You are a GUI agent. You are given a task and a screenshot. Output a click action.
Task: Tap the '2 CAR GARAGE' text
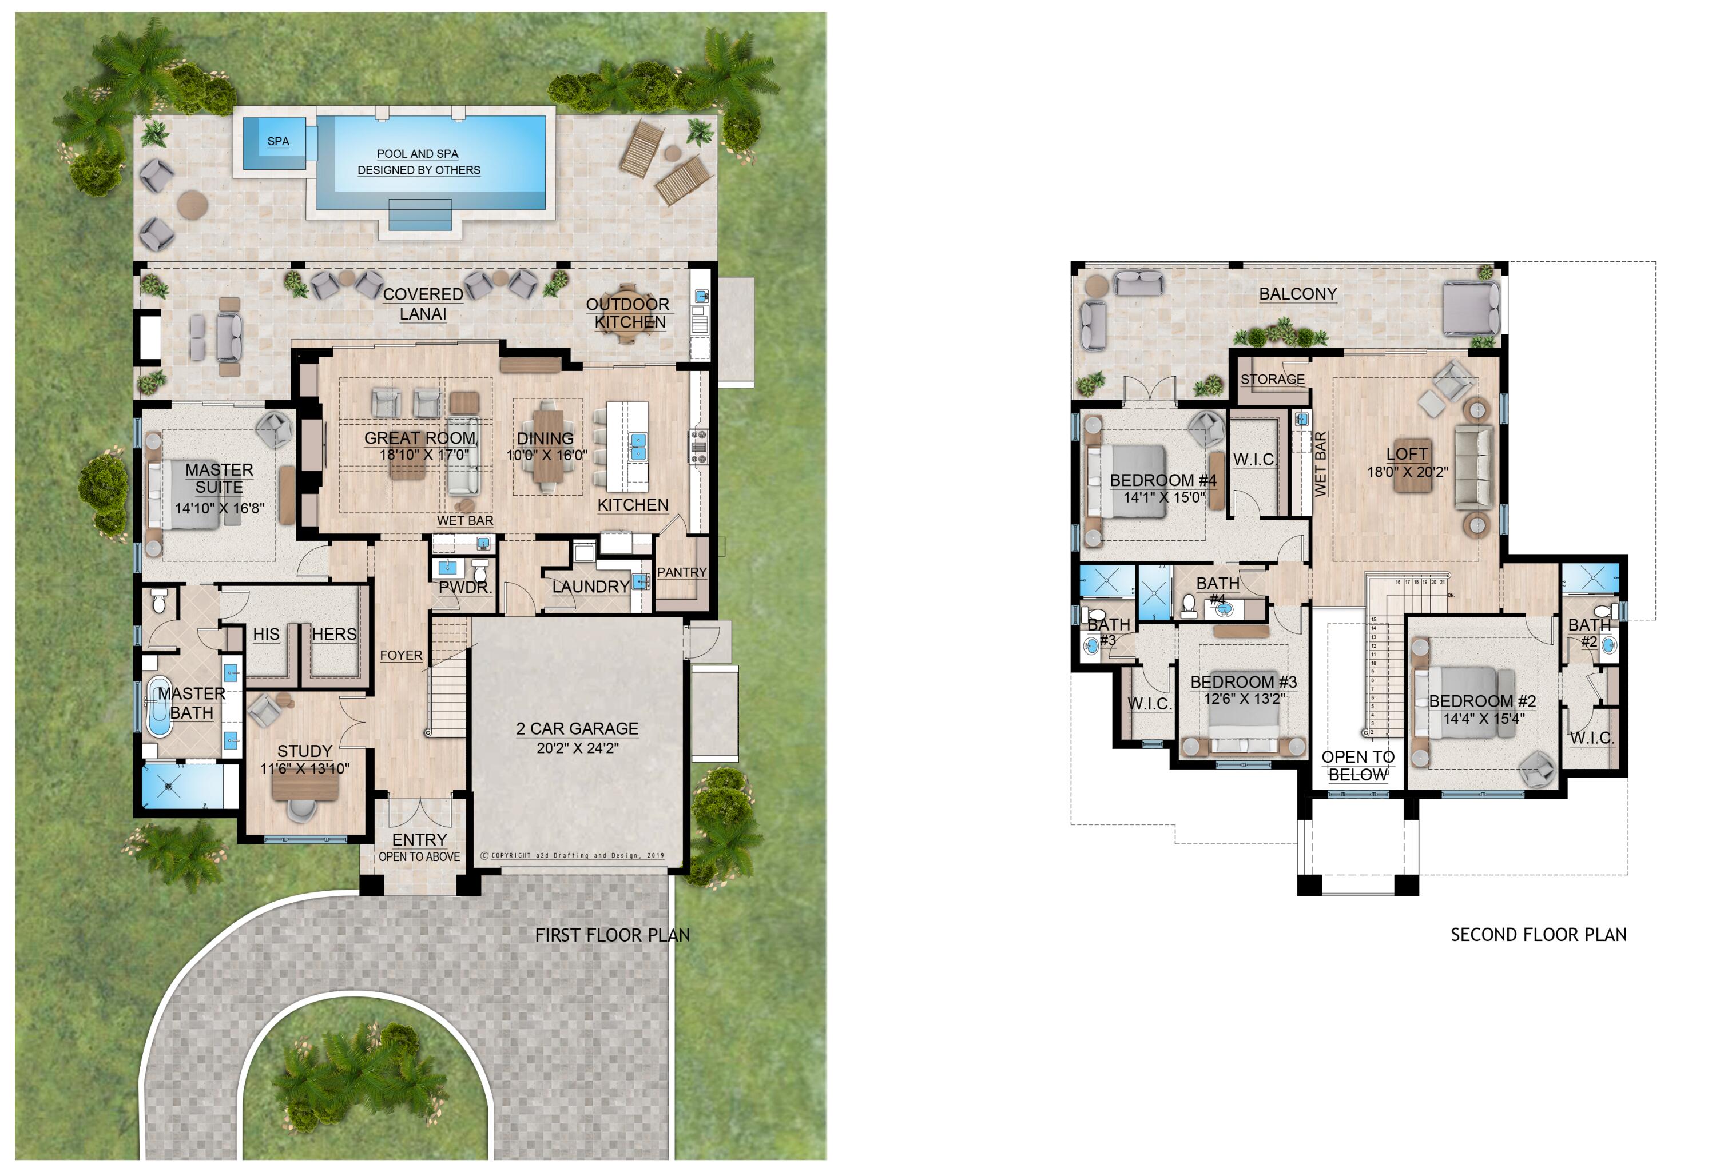[x=577, y=728]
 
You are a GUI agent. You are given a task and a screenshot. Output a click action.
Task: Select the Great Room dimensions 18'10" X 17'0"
[x=424, y=455]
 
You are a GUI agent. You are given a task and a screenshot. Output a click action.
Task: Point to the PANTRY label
[x=681, y=572]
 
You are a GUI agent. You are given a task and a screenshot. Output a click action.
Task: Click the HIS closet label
[x=266, y=634]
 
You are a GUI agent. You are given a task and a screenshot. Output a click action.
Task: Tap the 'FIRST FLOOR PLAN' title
[x=612, y=935]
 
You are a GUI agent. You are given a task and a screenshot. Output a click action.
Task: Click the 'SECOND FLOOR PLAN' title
[x=1538, y=935]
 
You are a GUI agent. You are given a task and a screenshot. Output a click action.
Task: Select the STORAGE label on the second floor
[x=1272, y=380]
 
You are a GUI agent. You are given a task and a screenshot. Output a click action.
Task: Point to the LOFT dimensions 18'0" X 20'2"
[x=1407, y=472]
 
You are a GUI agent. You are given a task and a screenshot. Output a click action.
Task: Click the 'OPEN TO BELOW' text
[x=1358, y=766]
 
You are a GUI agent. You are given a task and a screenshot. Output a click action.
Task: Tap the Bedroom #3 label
[x=1244, y=681]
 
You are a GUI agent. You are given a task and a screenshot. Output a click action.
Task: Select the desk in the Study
[x=305, y=788]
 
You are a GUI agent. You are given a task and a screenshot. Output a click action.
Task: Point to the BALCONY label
[x=1297, y=294]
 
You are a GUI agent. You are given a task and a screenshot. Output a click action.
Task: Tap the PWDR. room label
[x=464, y=588]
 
